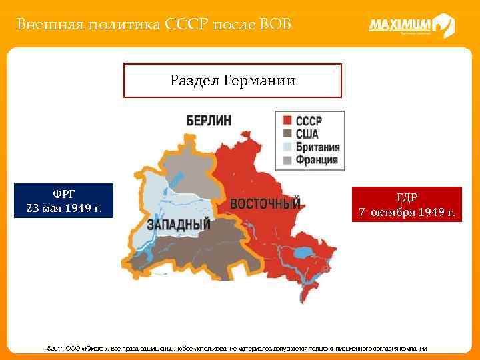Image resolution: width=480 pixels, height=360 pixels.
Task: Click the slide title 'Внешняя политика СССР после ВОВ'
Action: click(154, 25)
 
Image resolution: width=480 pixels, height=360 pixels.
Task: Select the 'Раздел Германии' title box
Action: click(232, 81)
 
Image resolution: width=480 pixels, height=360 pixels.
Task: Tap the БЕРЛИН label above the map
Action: click(209, 121)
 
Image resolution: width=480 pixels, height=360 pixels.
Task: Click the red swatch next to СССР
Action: click(287, 121)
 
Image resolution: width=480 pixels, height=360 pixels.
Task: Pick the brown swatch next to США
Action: click(287, 134)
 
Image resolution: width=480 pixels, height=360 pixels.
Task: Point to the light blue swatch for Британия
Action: click(287, 147)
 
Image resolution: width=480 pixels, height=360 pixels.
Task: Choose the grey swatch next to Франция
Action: click(287, 160)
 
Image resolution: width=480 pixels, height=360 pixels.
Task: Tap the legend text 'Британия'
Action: click(317, 147)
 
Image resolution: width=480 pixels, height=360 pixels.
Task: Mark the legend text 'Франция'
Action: click(315, 160)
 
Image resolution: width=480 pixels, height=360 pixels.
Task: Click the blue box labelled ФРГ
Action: click(64, 201)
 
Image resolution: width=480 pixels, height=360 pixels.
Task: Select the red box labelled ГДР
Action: click(407, 205)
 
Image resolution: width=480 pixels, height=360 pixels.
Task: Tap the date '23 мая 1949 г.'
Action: click(64, 208)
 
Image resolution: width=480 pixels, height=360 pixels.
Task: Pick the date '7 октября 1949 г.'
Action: click(407, 213)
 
